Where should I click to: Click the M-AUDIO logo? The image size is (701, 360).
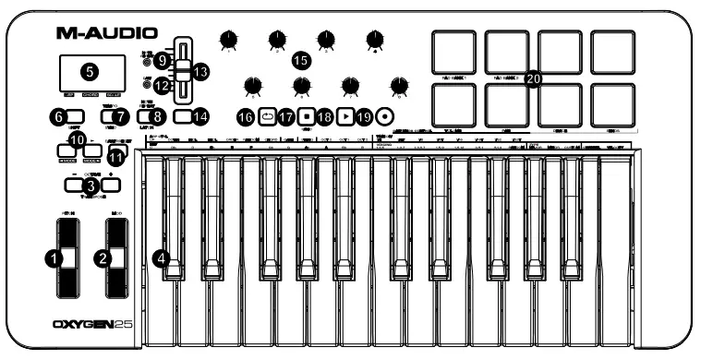coord(106,33)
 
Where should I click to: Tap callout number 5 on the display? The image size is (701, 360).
coord(90,70)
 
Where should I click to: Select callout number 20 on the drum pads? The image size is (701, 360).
coord(533,80)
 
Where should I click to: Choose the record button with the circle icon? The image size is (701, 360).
coord(384,117)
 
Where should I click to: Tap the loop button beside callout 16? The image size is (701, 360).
coord(268,117)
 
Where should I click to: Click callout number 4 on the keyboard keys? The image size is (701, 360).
coord(163,260)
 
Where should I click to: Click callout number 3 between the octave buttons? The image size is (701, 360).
coord(89,186)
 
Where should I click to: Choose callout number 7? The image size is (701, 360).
coord(117,116)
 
